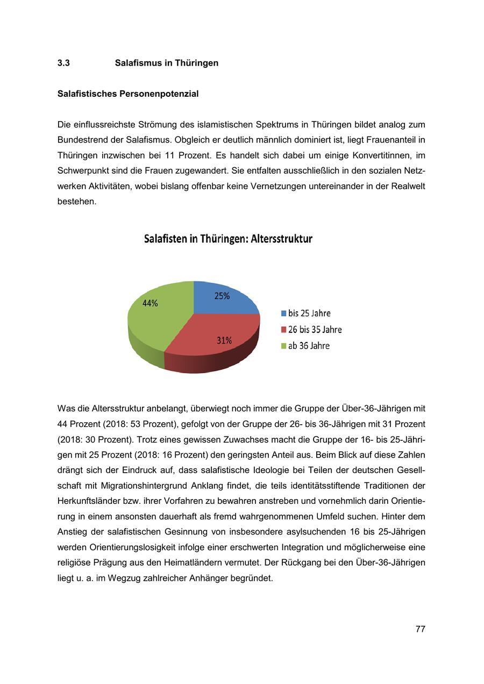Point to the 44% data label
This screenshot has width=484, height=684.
(150, 303)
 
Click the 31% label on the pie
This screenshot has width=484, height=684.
(224, 340)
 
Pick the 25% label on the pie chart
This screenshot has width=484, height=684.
(222, 296)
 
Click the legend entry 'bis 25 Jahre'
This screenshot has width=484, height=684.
(309, 313)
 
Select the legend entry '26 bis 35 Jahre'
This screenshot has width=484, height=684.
(315, 330)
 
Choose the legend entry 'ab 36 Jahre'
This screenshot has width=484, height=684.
(309, 346)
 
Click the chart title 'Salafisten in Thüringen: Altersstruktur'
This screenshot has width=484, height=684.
(228, 239)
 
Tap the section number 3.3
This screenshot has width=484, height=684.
(63, 63)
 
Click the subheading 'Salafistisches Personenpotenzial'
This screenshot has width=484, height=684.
(128, 94)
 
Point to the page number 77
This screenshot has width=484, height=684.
(421, 629)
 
